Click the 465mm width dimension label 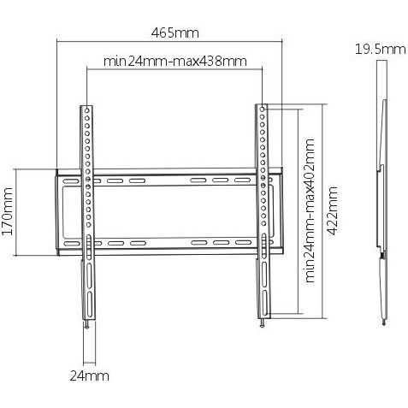[174, 33]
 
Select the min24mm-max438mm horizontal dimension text [174, 61]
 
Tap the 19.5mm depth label [380, 50]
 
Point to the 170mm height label [8, 211]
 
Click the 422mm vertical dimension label [332, 210]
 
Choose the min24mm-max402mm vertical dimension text [310, 210]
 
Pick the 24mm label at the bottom [89, 375]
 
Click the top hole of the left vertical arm [87, 110]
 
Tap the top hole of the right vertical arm [263, 109]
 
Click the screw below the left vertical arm [86, 325]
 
